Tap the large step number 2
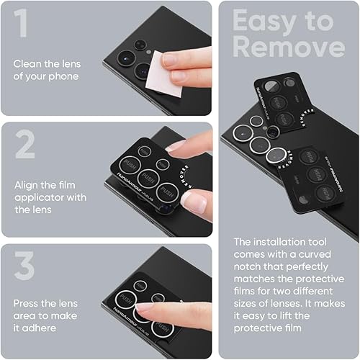[x=24, y=145]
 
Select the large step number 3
[x=24, y=266]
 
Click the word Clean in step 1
[x=27, y=63]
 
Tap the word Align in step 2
[x=27, y=184]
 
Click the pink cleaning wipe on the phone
[x=161, y=82]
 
